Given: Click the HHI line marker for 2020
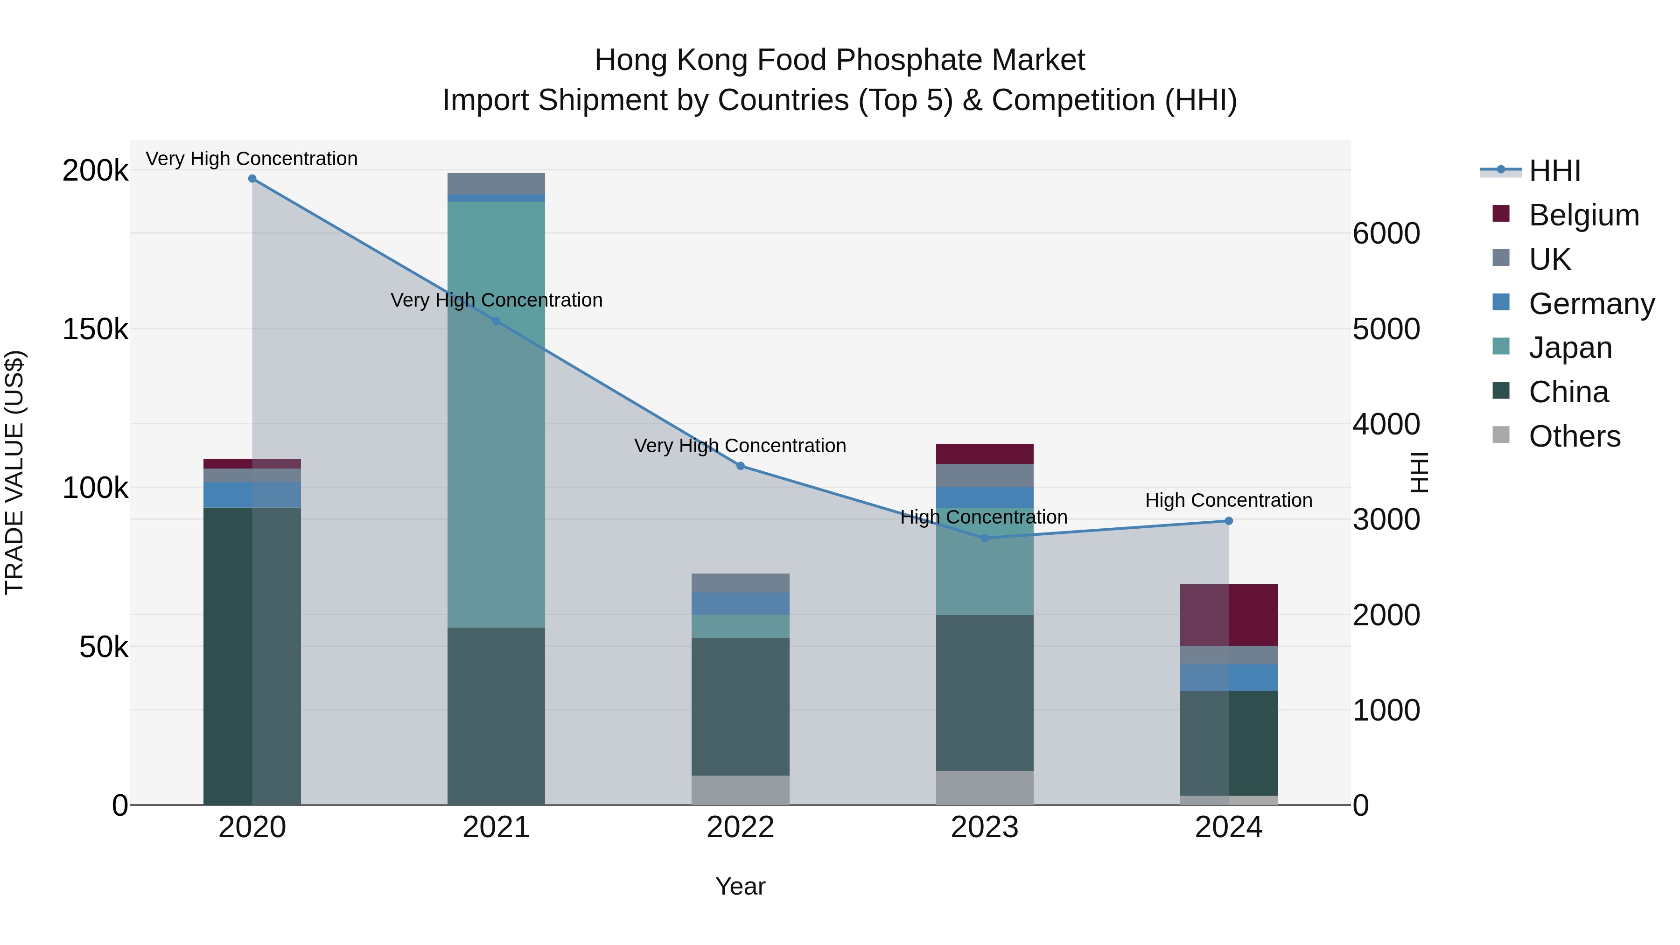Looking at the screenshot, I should pyautogui.click(x=252, y=179).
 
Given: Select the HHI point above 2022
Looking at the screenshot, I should pyautogui.click(x=740, y=466).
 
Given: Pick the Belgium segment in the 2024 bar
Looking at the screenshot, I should pyautogui.click(x=1229, y=615).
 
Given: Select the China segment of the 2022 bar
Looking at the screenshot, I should pyautogui.click(x=740, y=707).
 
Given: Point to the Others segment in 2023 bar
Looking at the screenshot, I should pyautogui.click(x=985, y=788).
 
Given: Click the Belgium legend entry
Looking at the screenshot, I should pyautogui.click(x=1583, y=215).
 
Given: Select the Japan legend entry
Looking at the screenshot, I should pyautogui.click(x=1570, y=348).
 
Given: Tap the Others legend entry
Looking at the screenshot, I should pyautogui.click(x=1575, y=436).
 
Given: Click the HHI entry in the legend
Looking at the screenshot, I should pyautogui.click(x=1554, y=171).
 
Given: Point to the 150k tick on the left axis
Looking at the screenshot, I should pyautogui.click(x=95, y=329).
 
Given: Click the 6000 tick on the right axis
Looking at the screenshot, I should pyautogui.click(x=1386, y=233).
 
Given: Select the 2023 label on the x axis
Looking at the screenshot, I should pyautogui.click(x=985, y=827).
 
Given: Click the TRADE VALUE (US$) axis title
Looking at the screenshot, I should pyautogui.click(x=14, y=472).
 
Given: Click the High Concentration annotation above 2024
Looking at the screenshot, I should pyautogui.click(x=1229, y=500).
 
